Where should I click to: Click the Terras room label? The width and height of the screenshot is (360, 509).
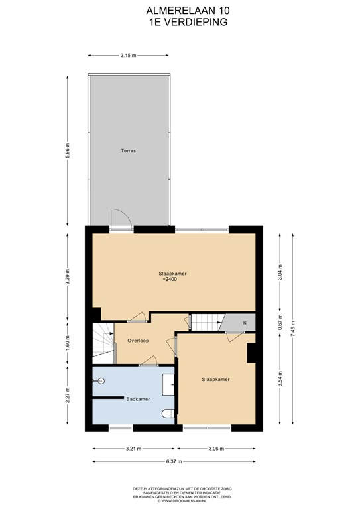point(128,150)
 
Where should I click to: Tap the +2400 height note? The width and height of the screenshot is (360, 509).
point(170,279)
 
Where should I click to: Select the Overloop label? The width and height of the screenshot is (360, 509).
point(138,341)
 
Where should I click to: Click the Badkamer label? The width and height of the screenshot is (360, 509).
point(138,399)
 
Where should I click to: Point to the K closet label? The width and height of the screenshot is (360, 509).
point(245,323)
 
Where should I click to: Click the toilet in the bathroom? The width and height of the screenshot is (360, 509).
point(168,413)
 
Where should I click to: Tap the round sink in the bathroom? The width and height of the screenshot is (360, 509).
point(101,381)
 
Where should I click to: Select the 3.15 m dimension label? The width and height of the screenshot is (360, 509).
point(128,56)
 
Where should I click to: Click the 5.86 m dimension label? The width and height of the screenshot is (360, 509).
point(68,151)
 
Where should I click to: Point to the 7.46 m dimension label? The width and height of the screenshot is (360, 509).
point(293,329)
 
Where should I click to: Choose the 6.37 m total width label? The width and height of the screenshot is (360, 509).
point(174,461)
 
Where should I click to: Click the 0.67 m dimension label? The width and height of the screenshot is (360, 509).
point(280,322)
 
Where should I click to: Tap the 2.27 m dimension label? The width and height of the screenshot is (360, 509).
point(68,396)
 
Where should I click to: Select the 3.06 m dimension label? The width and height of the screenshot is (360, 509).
point(216,449)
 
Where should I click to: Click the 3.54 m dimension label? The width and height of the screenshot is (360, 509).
point(280,378)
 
